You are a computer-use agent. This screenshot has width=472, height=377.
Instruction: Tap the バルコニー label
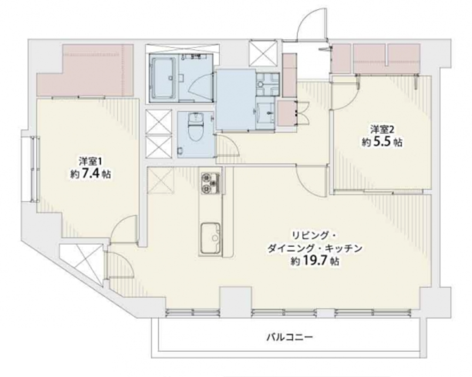[x=290, y=337]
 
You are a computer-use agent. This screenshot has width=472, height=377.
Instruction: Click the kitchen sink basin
[x=210, y=238]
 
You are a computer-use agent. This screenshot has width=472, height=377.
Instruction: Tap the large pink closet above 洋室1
[x=85, y=71]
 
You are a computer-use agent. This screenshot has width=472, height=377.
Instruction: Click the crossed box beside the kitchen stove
[x=160, y=181]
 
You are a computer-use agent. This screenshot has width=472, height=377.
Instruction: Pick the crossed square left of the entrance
[x=263, y=53]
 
